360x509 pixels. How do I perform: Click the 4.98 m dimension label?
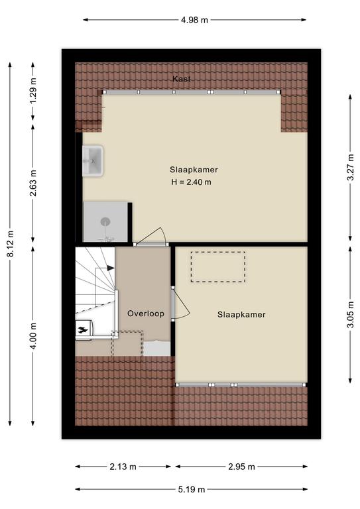(194, 20)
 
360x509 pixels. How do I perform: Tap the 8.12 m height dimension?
(11, 244)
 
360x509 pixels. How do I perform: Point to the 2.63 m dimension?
(33, 183)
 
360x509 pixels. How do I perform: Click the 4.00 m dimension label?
(33, 335)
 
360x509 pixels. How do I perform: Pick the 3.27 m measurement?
(351, 168)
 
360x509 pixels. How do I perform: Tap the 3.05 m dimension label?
(351, 315)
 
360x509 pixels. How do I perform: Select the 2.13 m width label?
(123, 467)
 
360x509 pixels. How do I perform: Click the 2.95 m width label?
(241, 467)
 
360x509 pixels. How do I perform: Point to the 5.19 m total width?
(192, 490)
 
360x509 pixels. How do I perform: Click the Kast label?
(182, 79)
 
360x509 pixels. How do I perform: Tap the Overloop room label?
(146, 313)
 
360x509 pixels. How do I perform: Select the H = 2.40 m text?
(191, 182)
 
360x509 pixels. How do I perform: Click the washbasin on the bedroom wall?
(93, 160)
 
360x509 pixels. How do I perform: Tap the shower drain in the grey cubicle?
(105, 222)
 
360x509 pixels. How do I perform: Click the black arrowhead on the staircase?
(111, 268)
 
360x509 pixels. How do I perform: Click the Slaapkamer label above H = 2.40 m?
(194, 170)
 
